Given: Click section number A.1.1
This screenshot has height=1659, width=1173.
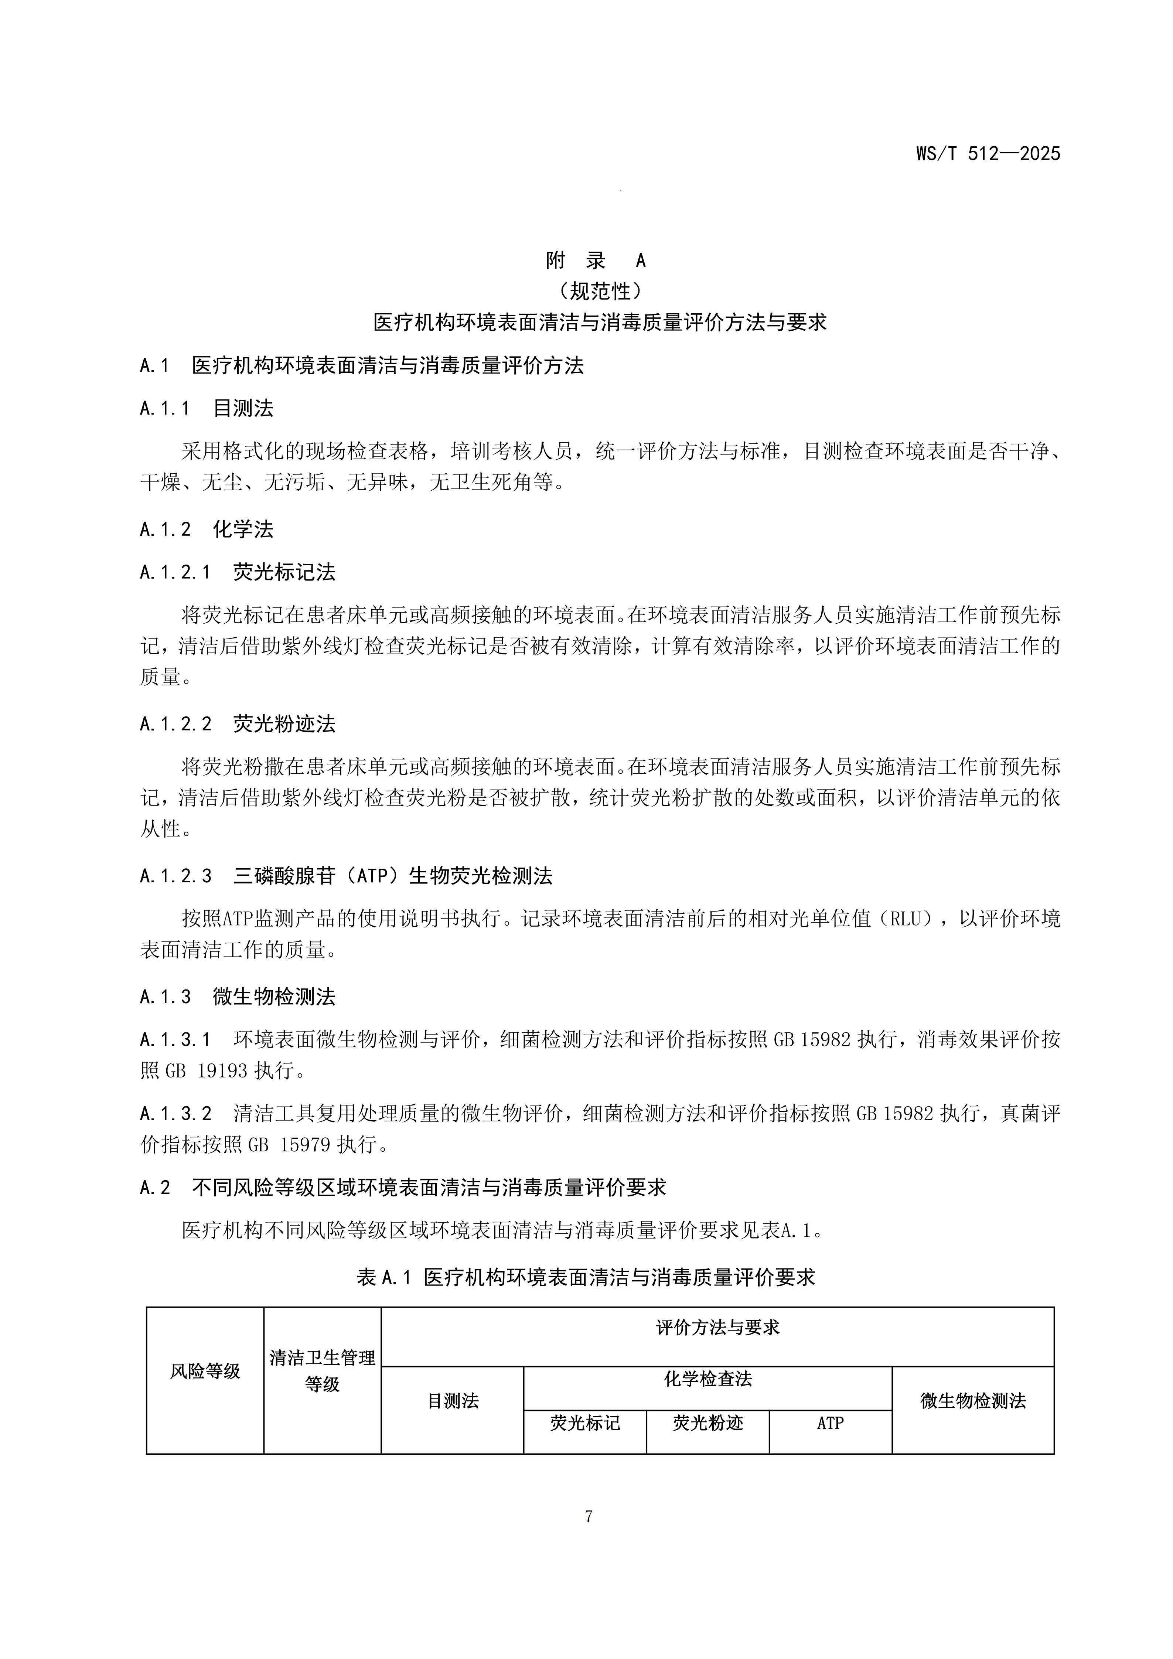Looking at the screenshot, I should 165,409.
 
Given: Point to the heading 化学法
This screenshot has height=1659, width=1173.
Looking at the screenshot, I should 243,529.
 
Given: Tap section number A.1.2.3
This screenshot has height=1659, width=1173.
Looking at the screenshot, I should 175,876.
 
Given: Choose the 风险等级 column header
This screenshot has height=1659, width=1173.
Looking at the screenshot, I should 205,1371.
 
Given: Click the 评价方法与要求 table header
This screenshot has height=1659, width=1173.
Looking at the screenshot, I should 717,1327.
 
